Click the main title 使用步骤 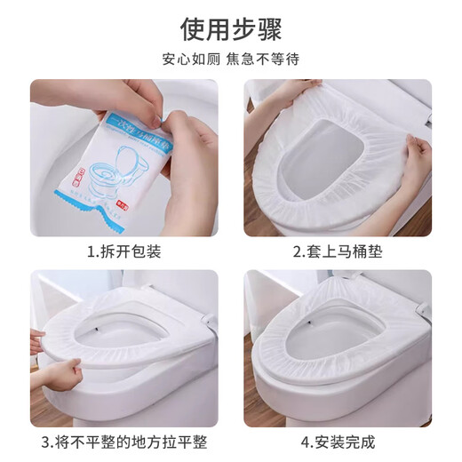click(230, 29)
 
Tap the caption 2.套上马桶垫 click(338, 251)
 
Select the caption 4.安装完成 click(338, 442)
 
